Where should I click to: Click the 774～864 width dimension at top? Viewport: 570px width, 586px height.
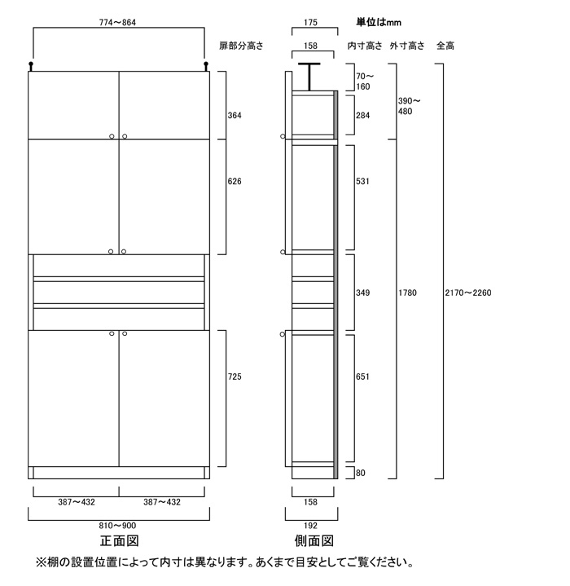[x=117, y=23]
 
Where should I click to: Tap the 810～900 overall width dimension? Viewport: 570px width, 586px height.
[x=117, y=526]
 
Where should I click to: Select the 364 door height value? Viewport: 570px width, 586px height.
[x=235, y=116]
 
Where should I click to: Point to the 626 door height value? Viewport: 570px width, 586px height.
[x=235, y=181]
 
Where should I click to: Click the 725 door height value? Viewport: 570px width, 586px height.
[x=235, y=377]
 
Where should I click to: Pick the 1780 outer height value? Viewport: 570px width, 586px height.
[x=407, y=293]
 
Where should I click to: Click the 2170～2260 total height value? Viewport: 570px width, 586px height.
[x=468, y=293]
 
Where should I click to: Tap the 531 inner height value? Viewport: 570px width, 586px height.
[x=363, y=181]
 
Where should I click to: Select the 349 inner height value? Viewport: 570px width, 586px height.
[x=363, y=293]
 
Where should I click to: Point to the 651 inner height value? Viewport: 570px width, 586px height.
[x=363, y=377]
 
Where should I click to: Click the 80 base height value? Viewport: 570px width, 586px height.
[x=361, y=473]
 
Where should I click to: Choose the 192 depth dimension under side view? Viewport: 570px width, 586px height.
[x=310, y=526]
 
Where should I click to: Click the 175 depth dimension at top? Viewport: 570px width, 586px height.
[x=310, y=23]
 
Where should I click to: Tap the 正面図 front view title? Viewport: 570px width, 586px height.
[x=120, y=541]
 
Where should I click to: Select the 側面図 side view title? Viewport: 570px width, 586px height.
[x=314, y=541]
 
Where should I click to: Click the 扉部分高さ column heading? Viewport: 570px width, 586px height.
[x=241, y=46]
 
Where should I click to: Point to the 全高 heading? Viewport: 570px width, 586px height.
[x=445, y=46]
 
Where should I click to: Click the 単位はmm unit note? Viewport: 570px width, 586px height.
[x=379, y=23]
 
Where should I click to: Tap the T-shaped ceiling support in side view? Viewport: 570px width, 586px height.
[x=309, y=77]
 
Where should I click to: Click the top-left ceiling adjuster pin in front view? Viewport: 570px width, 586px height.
[x=31, y=66]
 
